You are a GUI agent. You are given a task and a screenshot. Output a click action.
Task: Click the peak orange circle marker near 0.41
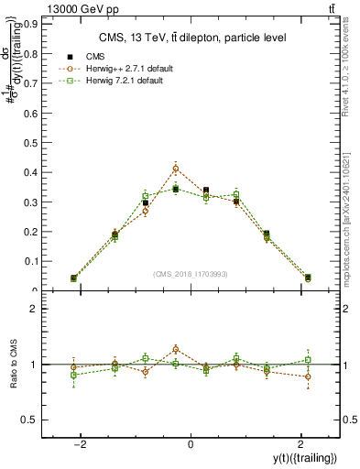pyautogui.click(x=176, y=169)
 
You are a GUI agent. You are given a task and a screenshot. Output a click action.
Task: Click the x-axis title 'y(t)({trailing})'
pyautogui.click(x=303, y=457)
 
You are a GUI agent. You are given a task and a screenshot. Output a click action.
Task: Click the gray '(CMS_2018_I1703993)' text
pyautogui.click(x=191, y=274)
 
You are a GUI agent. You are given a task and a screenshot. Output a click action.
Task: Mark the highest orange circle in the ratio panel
pyautogui.click(x=176, y=349)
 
